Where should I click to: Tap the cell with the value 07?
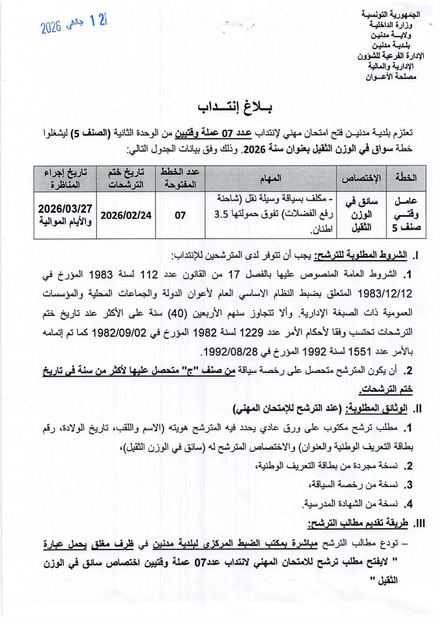point(180,215)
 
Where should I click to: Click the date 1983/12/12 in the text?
point(386,294)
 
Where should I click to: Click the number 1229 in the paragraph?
point(259,332)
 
